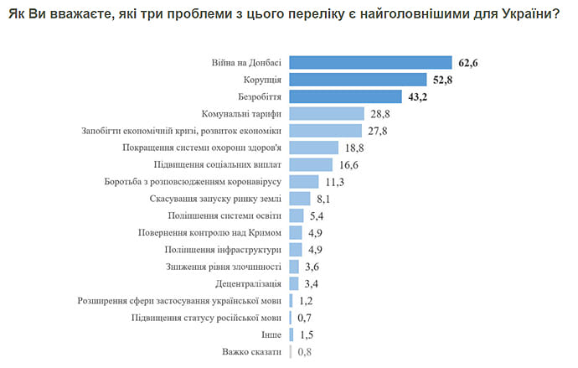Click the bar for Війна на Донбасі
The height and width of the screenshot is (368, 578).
coord(370,62)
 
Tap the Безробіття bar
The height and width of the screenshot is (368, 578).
coord(345,97)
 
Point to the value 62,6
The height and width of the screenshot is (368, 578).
coord(467,62)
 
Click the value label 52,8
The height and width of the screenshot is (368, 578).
coord(442,80)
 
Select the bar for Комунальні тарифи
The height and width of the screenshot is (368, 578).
coord(327,114)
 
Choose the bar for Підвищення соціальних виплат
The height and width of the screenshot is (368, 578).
coord(311,165)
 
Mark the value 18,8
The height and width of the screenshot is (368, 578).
coord(356,148)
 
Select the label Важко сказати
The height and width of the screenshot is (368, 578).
coord(252,352)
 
